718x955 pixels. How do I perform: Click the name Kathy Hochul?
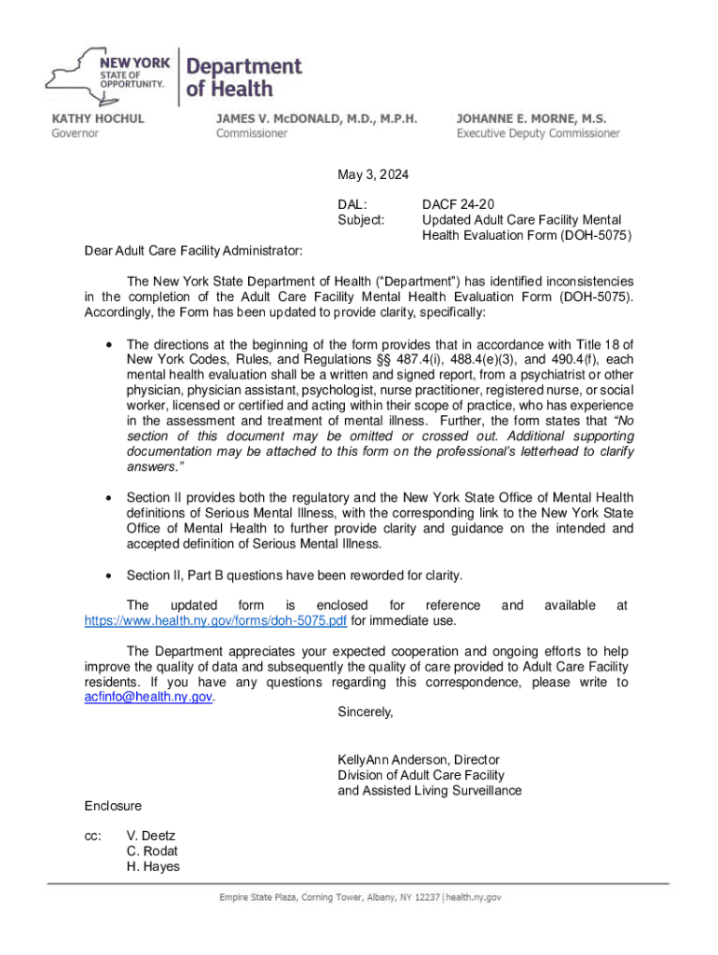click(x=97, y=118)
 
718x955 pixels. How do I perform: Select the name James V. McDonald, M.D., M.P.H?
click(x=316, y=118)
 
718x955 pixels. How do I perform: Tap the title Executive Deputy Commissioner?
click(x=537, y=133)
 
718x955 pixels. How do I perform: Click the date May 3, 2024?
click(x=373, y=175)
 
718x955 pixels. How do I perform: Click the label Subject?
click(x=362, y=220)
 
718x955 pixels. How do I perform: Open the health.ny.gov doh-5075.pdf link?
click(x=205, y=621)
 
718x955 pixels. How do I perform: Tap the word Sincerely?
click(x=366, y=713)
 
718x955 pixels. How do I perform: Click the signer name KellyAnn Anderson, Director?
click(x=419, y=760)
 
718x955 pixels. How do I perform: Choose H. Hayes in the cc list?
click(x=153, y=866)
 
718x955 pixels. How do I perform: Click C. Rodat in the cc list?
click(x=152, y=851)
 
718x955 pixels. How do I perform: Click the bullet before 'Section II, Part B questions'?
click(x=112, y=574)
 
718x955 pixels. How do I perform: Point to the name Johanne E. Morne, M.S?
click(x=531, y=118)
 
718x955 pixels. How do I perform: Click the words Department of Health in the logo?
click(x=244, y=77)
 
